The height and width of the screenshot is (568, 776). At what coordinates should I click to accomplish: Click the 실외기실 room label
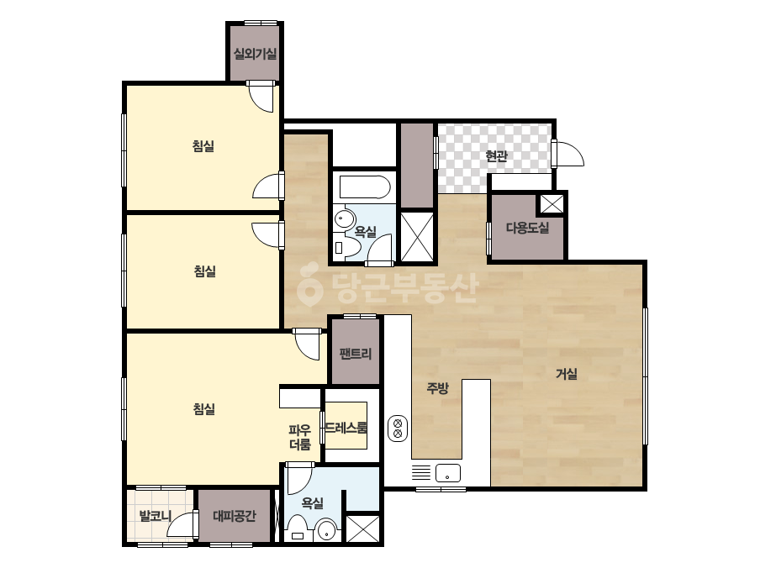(x=255, y=54)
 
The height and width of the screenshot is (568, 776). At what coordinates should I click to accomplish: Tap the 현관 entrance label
(x=496, y=155)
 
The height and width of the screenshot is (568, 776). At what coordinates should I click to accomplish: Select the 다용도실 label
(x=527, y=228)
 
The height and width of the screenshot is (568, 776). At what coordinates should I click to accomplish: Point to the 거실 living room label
(x=566, y=374)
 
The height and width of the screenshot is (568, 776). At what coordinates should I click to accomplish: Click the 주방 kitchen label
(x=437, y=388)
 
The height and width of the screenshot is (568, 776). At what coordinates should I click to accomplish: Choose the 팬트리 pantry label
(x=356, y=353)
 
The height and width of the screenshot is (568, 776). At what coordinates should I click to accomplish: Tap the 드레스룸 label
(x=346, y=428)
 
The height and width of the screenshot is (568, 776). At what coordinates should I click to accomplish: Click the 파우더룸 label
(x=300, y=437)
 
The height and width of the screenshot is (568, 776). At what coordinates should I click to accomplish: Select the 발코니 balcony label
(x=156, y=516)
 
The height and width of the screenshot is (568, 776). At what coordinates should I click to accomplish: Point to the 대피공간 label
(x=235, y=516)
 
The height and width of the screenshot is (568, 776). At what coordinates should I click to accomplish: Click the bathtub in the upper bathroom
(x=365, y=187)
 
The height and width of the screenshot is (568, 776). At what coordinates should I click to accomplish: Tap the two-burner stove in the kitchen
(x=398, y=429)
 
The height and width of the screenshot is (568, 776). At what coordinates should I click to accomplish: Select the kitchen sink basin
(x=448, y=473)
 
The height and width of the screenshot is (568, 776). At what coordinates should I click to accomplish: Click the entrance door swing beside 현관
(x=570, y=155)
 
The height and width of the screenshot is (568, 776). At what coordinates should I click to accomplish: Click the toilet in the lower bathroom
(x=298, y=529)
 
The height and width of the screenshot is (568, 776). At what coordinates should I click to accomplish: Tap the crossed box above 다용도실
(x=552, y=203)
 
